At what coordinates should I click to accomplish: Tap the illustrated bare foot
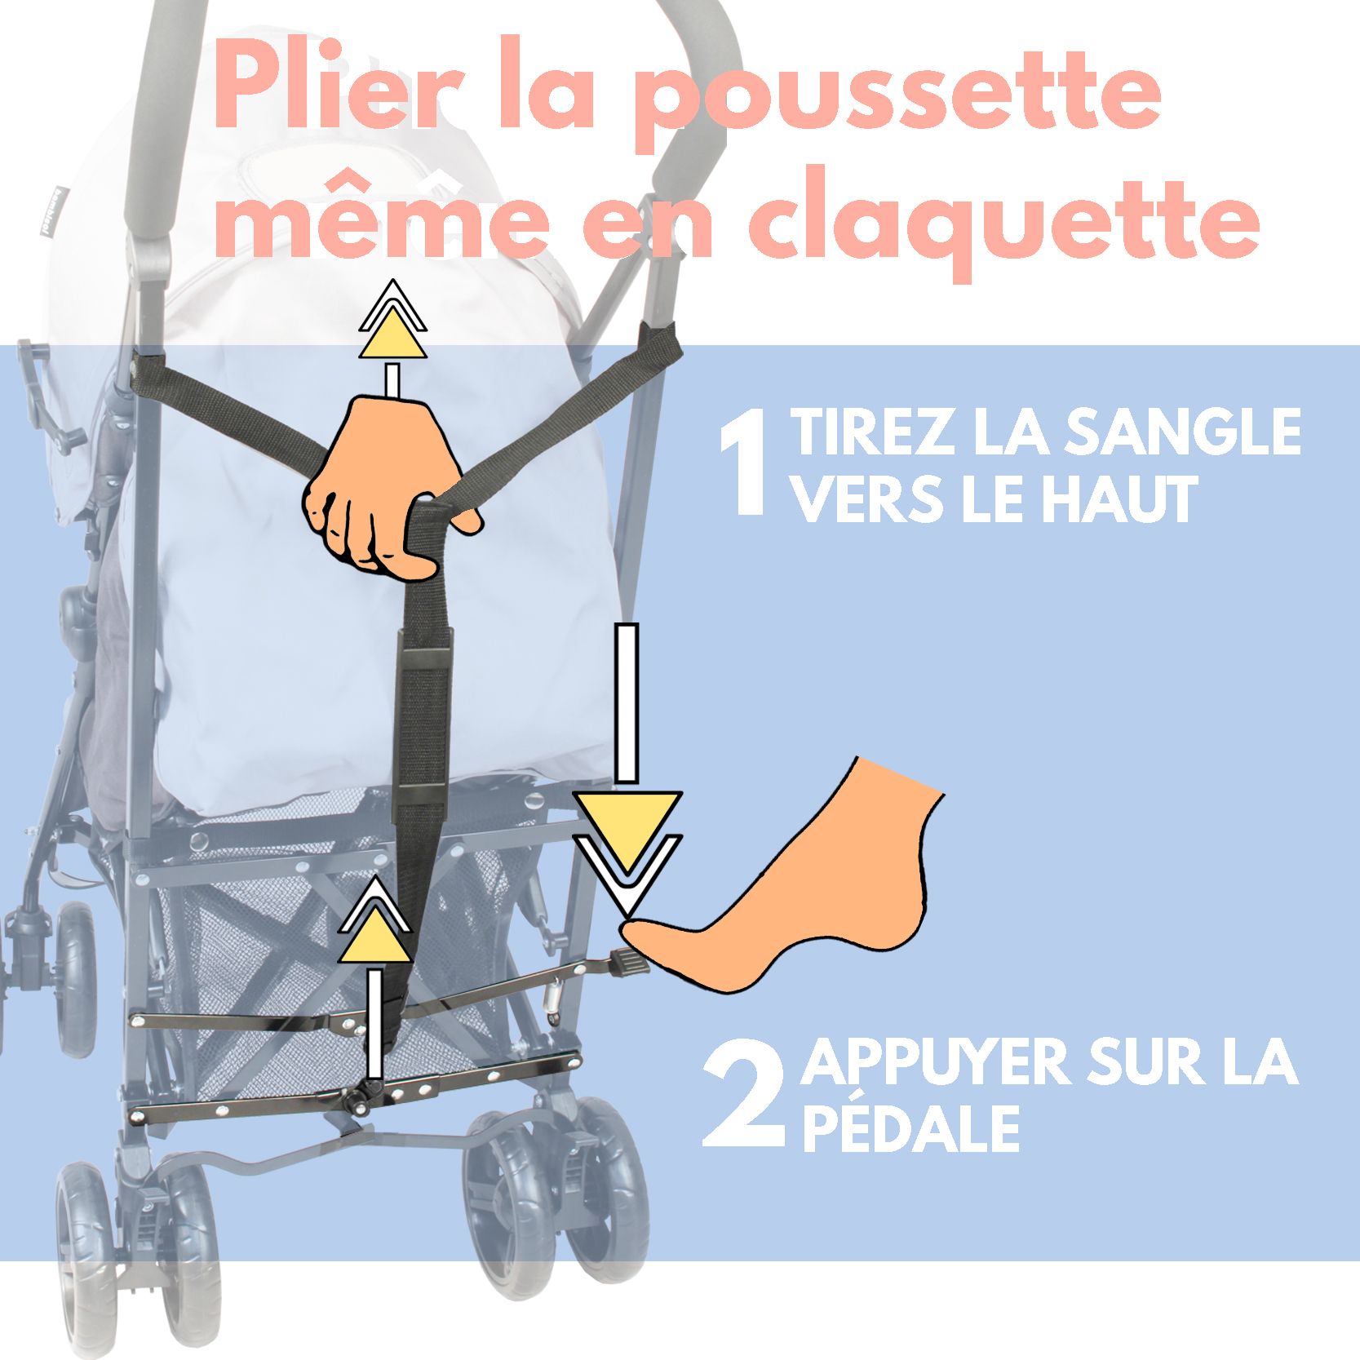click(783, 881)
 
